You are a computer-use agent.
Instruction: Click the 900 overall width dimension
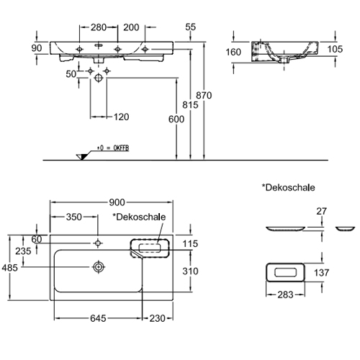[117, 202]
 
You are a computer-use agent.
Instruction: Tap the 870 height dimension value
[204, 96]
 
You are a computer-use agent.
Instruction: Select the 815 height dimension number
[190, 105]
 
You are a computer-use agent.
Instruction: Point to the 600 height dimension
[176, 120]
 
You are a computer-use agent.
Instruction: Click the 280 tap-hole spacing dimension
[99, 27]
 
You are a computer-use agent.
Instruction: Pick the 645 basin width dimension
[98, 318]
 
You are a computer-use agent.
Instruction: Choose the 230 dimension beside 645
[158, 318]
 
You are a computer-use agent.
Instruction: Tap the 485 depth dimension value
[10, 268]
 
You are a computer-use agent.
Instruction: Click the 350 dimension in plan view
[74, 217]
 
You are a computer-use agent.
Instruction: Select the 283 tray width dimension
[285, 294]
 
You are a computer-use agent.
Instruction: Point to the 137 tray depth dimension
[321, 273]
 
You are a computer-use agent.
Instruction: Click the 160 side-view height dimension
[233, 52]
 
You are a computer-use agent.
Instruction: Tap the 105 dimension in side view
[335, 49]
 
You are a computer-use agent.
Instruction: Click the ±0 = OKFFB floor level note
[113, 148]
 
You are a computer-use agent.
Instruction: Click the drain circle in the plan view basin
[99, 267]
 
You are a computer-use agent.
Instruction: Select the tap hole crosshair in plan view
[97, 243]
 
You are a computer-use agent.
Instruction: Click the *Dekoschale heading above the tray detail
[288, 187]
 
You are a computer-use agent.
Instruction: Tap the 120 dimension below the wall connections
[122, 117]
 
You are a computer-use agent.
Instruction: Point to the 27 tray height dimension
[321, 212]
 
